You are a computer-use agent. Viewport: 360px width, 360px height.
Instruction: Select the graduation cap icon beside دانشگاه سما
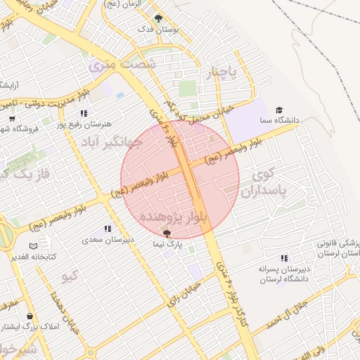(x=279, y=110)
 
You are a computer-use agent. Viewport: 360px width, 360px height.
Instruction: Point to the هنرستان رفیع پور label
(x=85, y=124)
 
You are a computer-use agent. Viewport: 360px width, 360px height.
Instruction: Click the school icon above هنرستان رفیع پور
(x=84, y=113)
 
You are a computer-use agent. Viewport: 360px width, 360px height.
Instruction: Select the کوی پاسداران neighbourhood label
(x=261, y=183)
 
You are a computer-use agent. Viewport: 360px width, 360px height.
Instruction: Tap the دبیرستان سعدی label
(x=109, y=240)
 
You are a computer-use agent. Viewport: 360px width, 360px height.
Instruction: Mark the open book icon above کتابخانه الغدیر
(x=33, y=245)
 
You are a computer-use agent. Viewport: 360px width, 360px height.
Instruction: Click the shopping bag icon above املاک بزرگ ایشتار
(x=30, y=316)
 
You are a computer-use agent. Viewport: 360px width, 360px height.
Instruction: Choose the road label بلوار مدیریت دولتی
(x=42, y=99)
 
